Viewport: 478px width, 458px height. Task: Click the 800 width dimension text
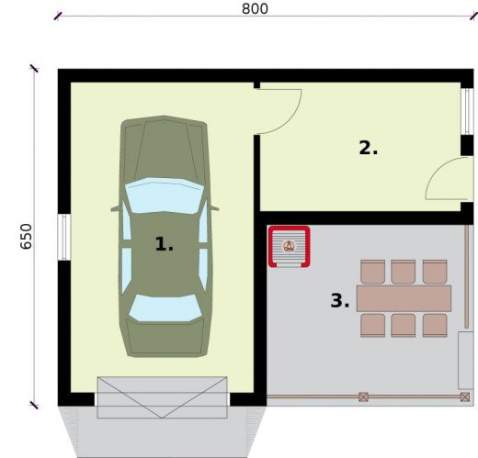[x=255, y=8]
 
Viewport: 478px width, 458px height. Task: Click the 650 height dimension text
[x=26, y=237]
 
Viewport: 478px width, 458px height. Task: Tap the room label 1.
[x=164, y=244]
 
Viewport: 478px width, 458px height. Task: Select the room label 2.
[x=368, y=148]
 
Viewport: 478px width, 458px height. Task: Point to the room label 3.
[x=339, y=300]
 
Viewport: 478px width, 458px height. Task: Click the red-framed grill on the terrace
[x=289, y=247]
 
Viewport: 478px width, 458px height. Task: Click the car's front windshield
[x=165, y=195]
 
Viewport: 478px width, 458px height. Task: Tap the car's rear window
[x=165, y=307]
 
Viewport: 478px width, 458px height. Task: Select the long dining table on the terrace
[x=404, y=298]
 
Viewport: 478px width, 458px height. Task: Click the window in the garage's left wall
[x=64, y=237]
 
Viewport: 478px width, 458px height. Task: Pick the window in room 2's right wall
[x=467, y=112]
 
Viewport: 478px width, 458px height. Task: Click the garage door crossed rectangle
[x=162, y=397]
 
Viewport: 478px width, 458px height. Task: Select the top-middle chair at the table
[x=403, y=272]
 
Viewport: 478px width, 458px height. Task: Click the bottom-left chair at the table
[x=372, y=325]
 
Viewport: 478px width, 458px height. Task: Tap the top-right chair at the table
[x=435, y=272]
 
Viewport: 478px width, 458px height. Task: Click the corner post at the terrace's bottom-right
[x=465, y=397]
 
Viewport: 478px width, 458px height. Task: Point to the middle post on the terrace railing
[x=363, y=397]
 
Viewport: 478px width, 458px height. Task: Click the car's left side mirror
[x=116, y=209]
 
